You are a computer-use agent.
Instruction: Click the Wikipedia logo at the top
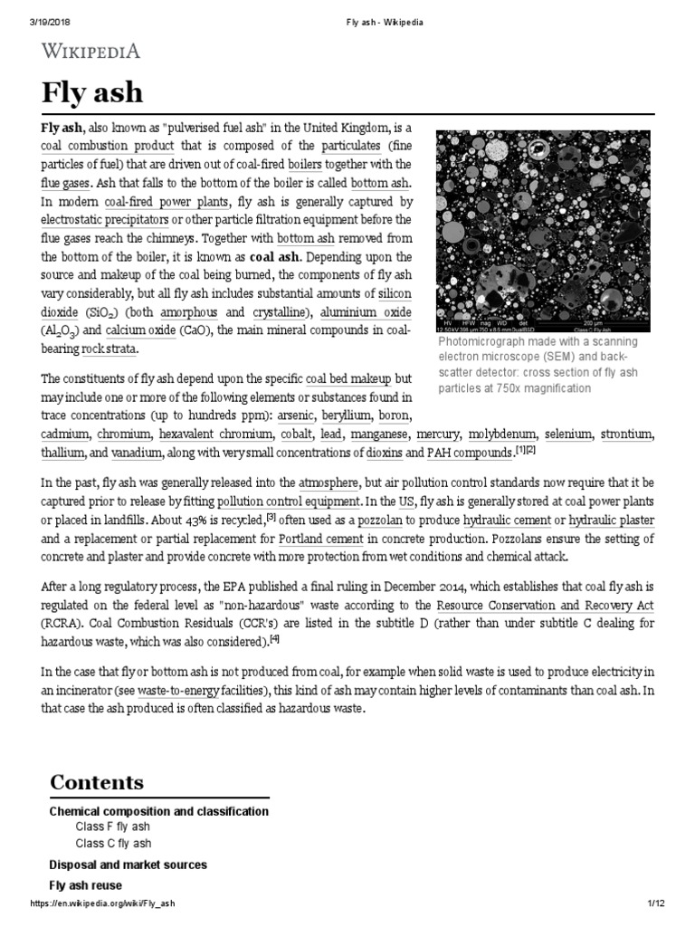[x=90, y=51]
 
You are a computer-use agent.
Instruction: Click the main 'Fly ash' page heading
[x=91, y=94]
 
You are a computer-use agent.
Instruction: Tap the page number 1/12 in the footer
[x=656, y=906]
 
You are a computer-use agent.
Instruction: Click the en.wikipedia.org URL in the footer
[x=102, y=906]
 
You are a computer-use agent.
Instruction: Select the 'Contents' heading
[x=96, y=782]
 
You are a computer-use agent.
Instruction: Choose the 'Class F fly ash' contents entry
[x=112, y=827]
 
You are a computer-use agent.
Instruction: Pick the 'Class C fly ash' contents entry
[x=113, y=843]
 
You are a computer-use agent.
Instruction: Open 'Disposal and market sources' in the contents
[x=128, y=865]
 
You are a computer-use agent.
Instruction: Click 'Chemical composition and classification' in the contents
[x=158, y=811]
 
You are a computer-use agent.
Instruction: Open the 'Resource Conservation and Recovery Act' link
[x=544, y=604]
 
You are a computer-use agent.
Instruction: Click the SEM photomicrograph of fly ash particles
[x=542, y=230]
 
